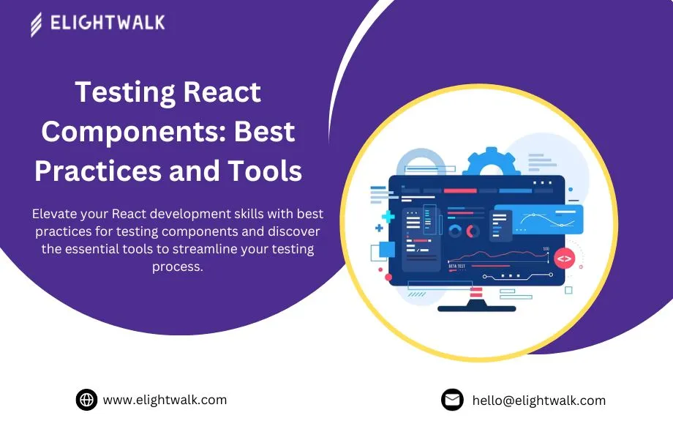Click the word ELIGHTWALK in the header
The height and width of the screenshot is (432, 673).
(108, 23)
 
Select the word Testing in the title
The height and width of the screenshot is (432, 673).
(118, 92)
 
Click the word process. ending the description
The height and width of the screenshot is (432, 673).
(177, 267)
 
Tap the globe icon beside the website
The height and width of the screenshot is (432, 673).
(86, 400)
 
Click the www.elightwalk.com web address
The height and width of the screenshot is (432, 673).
(165, 400)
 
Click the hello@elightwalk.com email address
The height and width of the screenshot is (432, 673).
(539, 401)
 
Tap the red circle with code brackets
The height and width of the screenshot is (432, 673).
(563, 258)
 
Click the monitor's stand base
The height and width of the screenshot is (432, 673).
(476, 308)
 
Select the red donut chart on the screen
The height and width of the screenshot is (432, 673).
(473, 231)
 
